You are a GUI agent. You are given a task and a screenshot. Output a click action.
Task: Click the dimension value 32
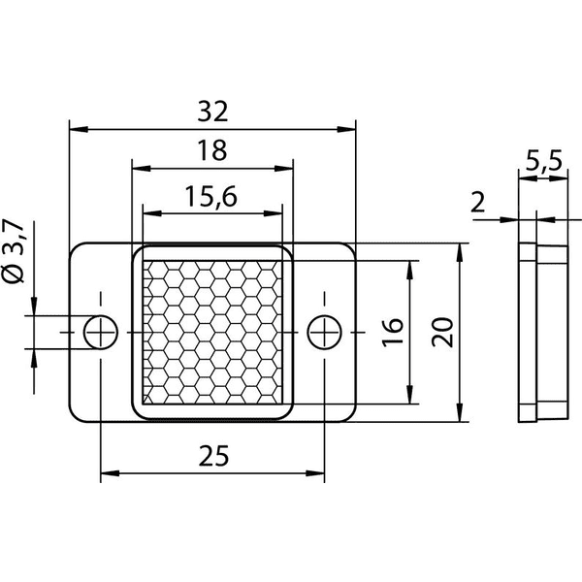212,112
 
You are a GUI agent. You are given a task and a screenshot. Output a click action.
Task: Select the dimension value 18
211,150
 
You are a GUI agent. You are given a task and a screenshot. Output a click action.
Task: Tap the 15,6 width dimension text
210,197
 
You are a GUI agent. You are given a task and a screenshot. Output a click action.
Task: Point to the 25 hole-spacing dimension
213,456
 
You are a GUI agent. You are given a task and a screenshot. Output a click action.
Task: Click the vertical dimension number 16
392,332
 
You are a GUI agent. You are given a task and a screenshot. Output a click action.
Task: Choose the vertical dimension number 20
442,332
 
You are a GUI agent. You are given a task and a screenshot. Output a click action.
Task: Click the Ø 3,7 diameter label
15,251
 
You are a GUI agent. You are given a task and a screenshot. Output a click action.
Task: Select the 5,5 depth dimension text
544,161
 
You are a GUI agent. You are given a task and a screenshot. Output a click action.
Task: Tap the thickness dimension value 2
477,203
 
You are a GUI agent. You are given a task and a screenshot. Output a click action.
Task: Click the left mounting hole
101,332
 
